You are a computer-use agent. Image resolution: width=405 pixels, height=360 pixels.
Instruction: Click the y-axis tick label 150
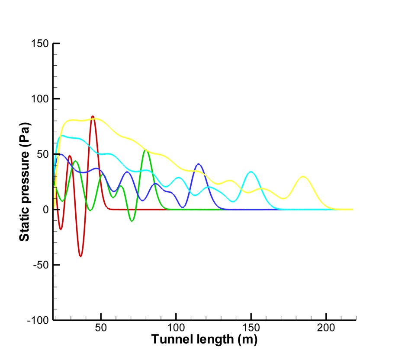point(39,44)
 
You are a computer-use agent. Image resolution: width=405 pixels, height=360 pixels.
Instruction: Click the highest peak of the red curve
point(93,116)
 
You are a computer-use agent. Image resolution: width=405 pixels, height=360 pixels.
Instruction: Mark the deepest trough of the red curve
point(80,256)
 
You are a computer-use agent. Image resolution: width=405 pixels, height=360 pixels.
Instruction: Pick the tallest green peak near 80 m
point(146,150)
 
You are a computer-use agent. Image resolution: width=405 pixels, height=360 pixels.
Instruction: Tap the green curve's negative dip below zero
point(132,221)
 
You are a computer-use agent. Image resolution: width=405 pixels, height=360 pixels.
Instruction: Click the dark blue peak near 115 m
point(199,164)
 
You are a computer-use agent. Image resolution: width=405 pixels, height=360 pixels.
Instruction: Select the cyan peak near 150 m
point(251,172)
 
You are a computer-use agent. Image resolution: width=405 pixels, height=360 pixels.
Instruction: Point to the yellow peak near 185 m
point(303,176)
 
